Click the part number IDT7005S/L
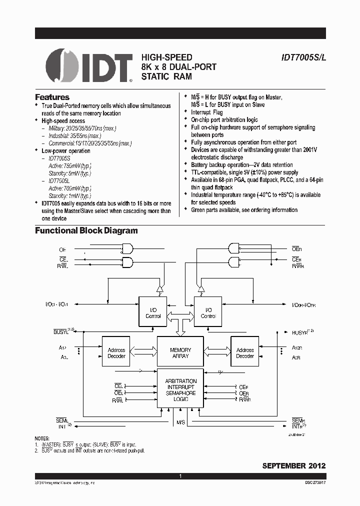click(303, 58)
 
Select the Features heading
click(52, 97)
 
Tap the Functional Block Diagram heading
click(86, 230)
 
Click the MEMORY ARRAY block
click(180, 353)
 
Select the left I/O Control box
click(153, 312)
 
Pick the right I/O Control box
click(208, 312)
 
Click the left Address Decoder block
click(116, 353)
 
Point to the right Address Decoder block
click(244, 353)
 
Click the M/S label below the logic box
click(180, 422)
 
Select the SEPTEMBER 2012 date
click(294, 465)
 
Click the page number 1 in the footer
click(180, 476)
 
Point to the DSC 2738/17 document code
click(313, 483)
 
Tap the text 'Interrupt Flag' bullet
click(207, 112)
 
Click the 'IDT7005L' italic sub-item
click(59, 180)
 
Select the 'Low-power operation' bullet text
click(66, 150)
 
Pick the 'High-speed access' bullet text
click(63, 120)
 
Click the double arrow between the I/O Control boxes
click(180, 315)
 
